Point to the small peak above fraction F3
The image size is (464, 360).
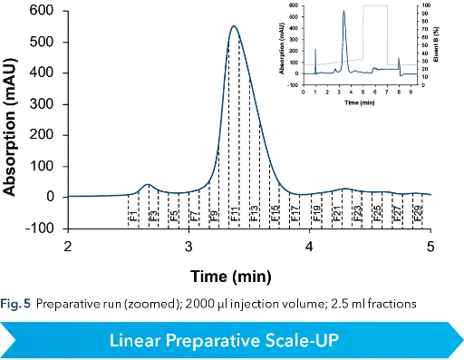[149, 184]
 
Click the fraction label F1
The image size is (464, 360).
[133, 217]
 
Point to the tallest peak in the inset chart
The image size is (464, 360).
[344, 12]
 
